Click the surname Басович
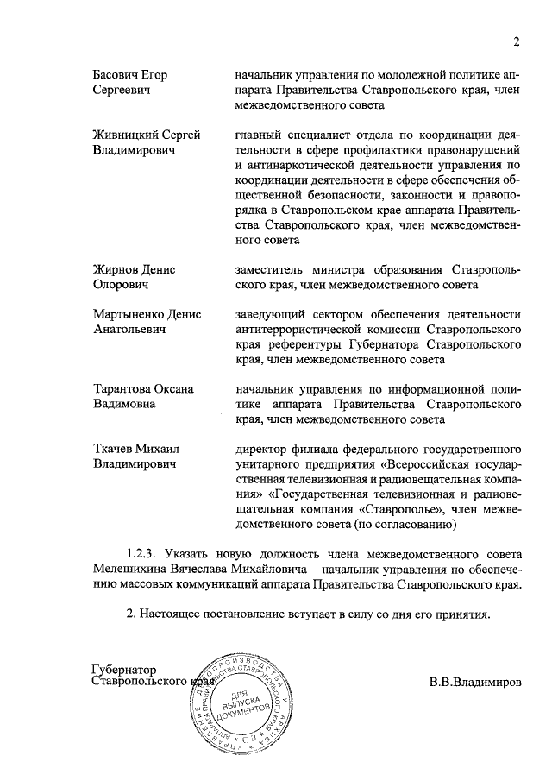point(116,74)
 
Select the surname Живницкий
point(127,135)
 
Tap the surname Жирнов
point(116,269)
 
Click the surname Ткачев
point(113,450)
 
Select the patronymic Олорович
point(121,284)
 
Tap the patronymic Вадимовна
point(123,404)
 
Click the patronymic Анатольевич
point(128,330)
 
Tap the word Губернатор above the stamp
point(126,669)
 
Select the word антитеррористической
point(304,330)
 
